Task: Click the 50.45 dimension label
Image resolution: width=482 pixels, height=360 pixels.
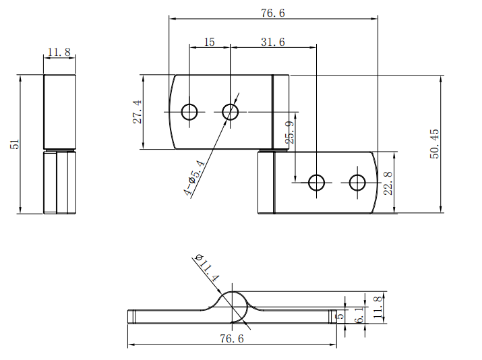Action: [434, 144]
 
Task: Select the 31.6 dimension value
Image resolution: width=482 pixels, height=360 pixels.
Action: [273, 42]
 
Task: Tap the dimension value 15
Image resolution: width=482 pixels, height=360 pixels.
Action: [210, 42]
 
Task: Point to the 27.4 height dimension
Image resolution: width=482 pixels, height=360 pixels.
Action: [137, 112]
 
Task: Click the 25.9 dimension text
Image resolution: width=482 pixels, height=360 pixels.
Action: [289, 132]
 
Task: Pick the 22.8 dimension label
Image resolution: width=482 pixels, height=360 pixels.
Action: [388, 183]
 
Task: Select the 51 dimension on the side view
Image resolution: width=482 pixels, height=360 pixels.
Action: [15, 144]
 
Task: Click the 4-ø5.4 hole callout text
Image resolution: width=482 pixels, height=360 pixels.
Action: [195, 178]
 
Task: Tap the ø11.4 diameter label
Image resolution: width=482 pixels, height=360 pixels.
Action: [207, 268]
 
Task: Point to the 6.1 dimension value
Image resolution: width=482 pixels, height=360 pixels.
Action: [359, 315]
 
